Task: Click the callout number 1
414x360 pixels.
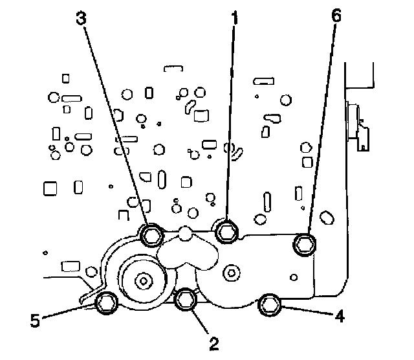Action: pos(234,19)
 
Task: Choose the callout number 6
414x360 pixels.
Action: pos(335,19)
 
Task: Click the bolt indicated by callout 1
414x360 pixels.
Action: pos(226,230)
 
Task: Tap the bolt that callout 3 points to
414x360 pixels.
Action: pos(151,234)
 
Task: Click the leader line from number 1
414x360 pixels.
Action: pos(230,123)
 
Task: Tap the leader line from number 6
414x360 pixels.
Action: pos(321,129)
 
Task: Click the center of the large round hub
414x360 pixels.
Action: pos(142,280)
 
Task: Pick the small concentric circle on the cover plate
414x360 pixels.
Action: pos(229,273)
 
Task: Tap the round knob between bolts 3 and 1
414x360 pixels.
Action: pos(186,232)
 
